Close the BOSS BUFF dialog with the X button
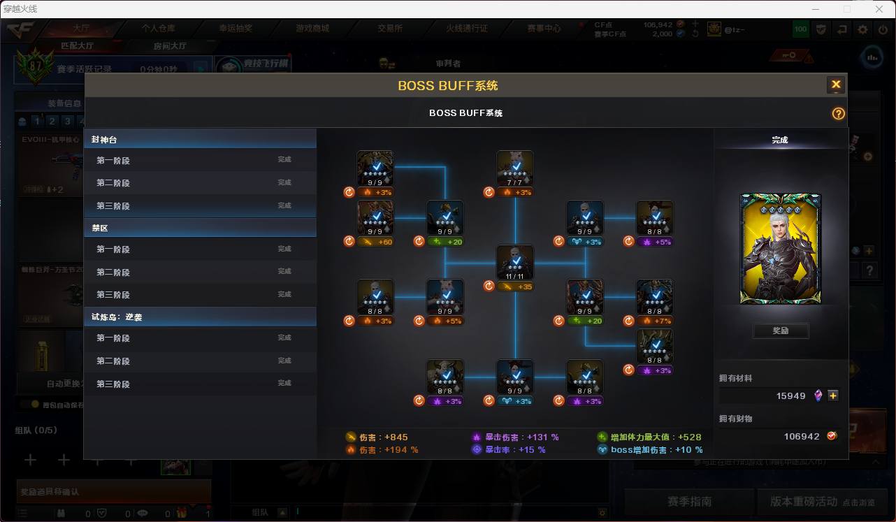(835, 85)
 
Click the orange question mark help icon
(838, 113)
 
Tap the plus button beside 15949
(833, 396)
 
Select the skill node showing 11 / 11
(515, 263)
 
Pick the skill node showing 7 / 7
(515, 168)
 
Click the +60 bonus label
(375, 242)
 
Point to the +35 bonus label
(515, 287)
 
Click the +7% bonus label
(655, 321)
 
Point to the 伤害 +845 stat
(383, 437)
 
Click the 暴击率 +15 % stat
(515, 450)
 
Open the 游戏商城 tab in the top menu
(312, 29)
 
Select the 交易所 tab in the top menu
(390, 29)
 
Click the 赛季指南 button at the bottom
(689, 501)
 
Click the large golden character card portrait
(780, 249)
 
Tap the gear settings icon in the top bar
(862, 29)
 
